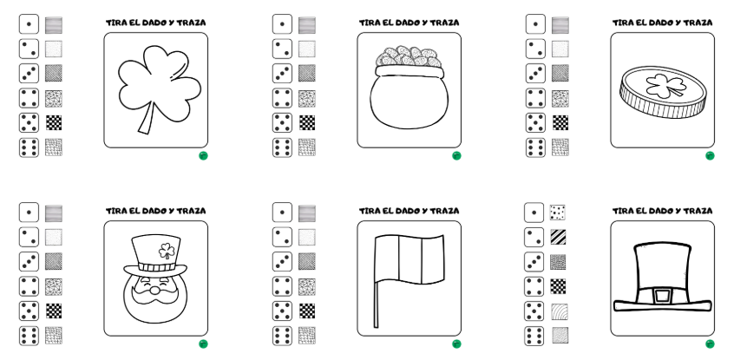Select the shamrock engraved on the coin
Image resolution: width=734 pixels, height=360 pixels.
coord(661,85)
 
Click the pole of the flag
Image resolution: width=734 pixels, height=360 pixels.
coord(376,286)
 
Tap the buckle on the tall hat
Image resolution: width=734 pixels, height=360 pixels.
coord(661,295)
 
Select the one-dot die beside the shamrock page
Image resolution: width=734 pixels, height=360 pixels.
coord(29,25)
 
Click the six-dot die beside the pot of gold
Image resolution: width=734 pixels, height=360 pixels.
coord(282,147)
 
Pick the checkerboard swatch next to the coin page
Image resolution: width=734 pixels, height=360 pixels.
coord(560,122)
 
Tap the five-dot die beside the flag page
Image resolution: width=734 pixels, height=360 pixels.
coord(282,310)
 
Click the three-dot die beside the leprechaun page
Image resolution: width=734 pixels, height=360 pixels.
coord(29,261)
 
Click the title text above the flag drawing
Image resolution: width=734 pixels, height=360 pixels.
coord(409,210)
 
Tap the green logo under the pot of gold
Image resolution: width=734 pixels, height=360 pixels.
coord(456,155)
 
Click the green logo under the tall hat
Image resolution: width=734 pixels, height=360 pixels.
coord(710,344)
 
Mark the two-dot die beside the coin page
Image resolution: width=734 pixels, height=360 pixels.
coord(535,49)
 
